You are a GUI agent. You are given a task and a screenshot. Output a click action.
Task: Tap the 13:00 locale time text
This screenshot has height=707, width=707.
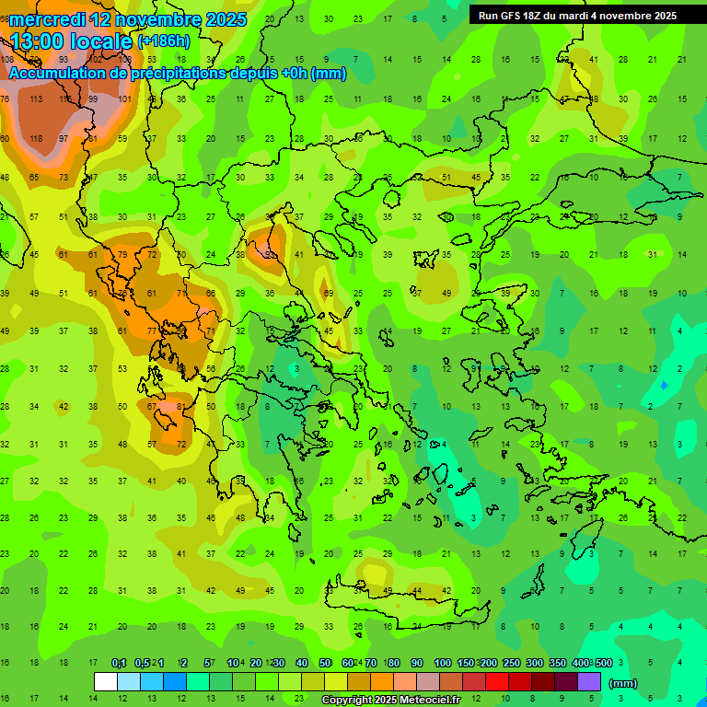point(71,41)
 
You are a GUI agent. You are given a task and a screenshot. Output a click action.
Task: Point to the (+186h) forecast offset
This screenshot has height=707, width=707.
point(166,41)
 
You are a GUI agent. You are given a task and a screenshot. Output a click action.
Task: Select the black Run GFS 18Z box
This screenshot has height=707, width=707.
point(577,15)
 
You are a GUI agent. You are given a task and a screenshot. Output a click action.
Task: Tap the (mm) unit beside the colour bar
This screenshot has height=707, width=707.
point(623,683)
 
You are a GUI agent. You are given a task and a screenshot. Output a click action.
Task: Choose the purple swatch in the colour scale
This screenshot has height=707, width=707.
point(589,682)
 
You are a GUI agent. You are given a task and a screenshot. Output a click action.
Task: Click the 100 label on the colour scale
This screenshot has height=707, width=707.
point(443,664)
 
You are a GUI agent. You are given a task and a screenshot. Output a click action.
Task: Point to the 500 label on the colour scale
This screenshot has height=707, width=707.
point(603,664)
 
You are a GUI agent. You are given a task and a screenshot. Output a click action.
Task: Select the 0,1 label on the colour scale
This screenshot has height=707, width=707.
point(119,664)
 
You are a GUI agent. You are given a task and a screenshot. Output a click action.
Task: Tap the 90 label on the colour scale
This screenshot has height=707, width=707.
point(417,664)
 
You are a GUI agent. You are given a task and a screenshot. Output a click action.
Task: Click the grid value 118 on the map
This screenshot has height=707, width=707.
point(36,138)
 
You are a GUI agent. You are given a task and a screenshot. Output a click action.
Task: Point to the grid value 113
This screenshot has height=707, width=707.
point(36,99)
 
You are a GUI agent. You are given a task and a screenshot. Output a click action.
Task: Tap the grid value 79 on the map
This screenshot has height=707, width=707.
point(122,255)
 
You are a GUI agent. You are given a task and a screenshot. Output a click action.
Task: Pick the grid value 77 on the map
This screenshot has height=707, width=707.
point(181,294)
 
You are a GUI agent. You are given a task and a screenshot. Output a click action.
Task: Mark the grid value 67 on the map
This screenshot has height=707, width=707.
point(152,406)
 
